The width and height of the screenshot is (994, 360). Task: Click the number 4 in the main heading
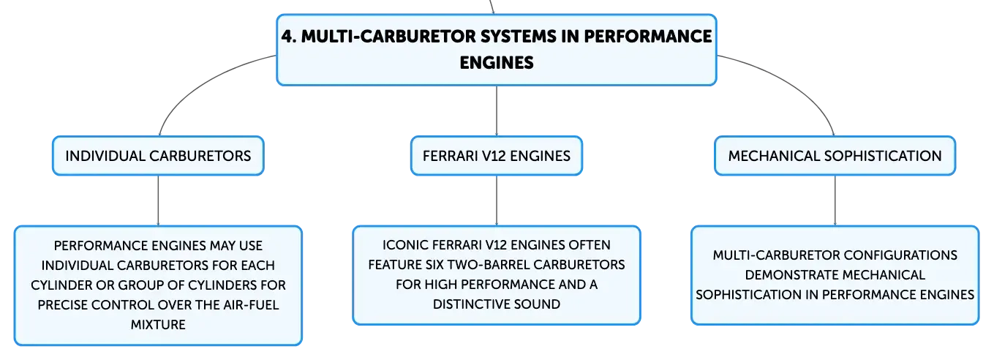tap(287, 37)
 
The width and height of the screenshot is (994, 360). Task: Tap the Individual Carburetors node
tap(158, 156)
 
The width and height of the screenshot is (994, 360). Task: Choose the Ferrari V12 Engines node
tap(496, 156)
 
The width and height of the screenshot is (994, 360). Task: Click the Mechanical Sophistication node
tap(835, 156)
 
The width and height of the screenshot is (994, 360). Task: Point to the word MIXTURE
tap(158, 324)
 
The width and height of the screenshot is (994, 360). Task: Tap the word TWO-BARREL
tap(488, 265)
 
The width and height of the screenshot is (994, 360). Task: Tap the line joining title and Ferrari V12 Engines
tap(497, 111)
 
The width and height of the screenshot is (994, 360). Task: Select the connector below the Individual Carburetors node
tap(158, 200)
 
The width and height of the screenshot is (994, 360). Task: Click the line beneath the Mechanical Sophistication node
tap(835, 200)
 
